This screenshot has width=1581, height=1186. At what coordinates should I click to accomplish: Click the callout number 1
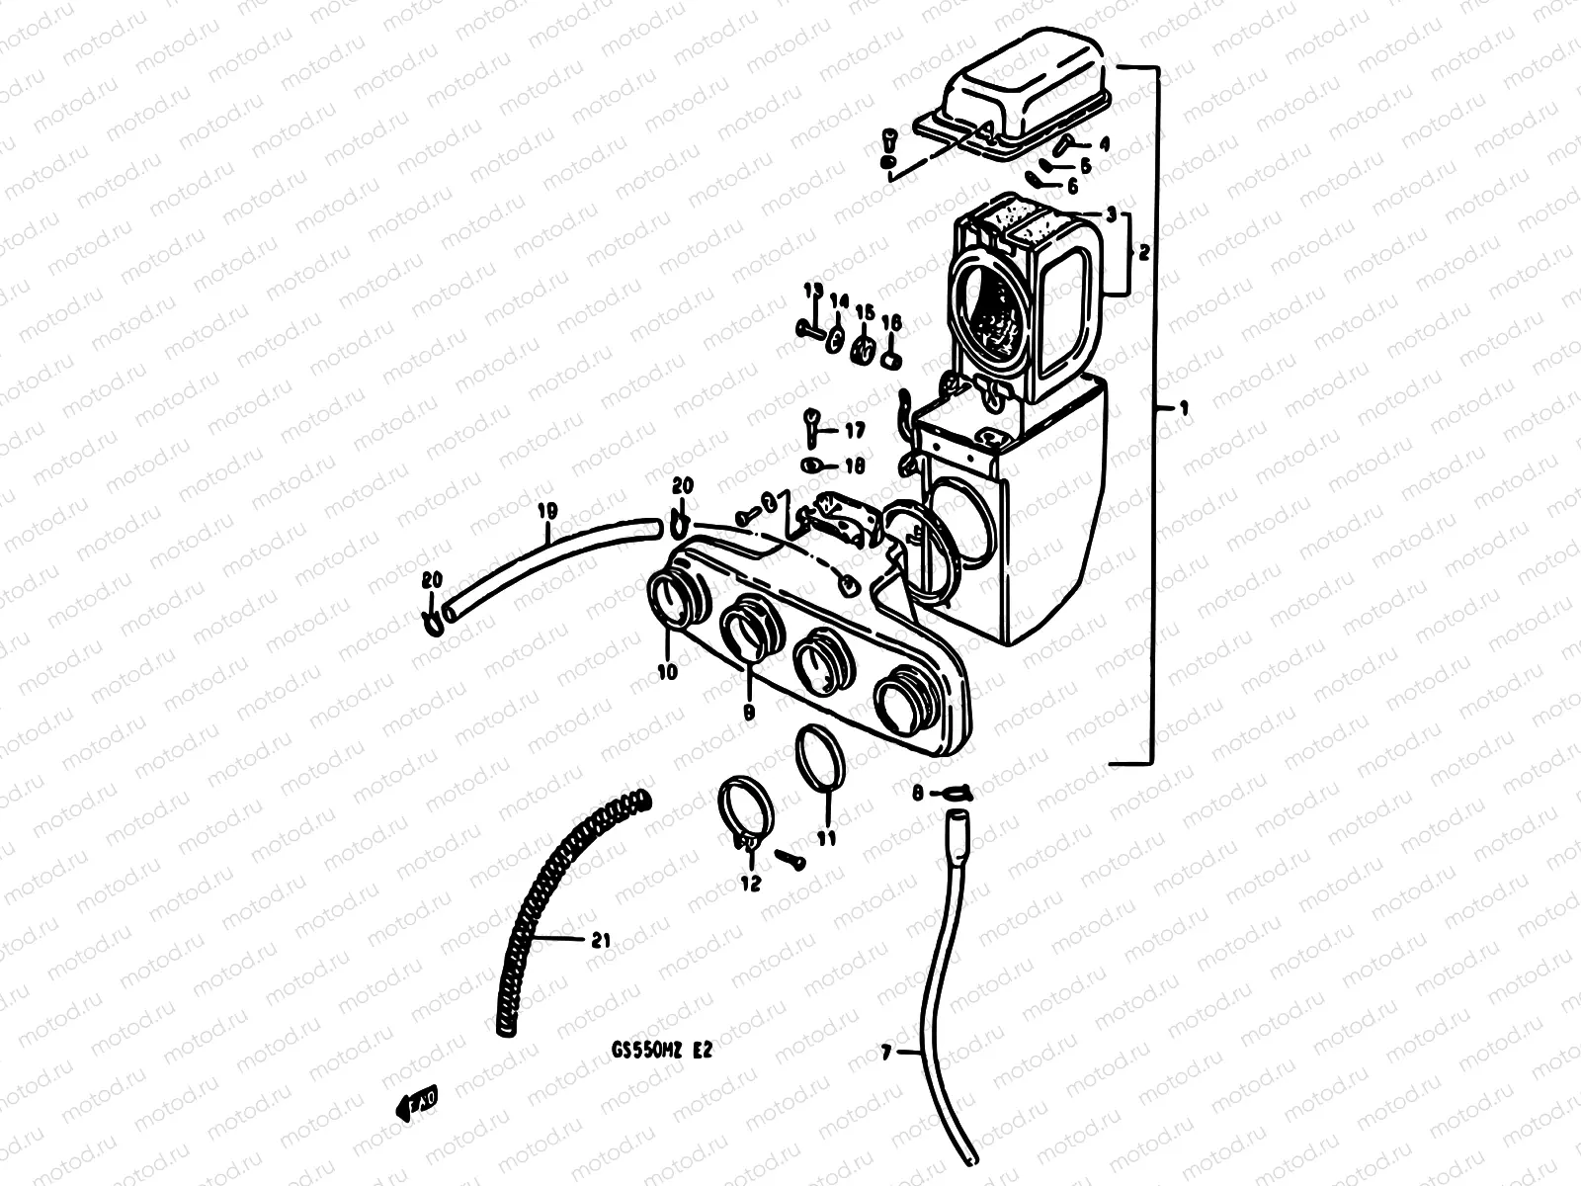1172,407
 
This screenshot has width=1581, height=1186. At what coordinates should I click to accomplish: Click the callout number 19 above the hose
548,511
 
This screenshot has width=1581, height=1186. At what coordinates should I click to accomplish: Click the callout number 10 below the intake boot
667,672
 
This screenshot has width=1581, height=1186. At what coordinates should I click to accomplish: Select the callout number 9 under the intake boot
748,711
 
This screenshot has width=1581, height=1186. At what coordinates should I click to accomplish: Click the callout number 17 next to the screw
854,430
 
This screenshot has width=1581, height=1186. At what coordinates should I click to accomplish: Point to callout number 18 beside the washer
854,466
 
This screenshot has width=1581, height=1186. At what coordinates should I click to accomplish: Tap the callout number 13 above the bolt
812,291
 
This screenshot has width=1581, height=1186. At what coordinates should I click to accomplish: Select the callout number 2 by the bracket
1143,253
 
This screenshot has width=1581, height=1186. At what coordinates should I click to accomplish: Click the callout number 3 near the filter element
1111,213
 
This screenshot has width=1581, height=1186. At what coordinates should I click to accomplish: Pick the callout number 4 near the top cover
1104,144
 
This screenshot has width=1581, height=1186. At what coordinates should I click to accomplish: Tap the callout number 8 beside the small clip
917,792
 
